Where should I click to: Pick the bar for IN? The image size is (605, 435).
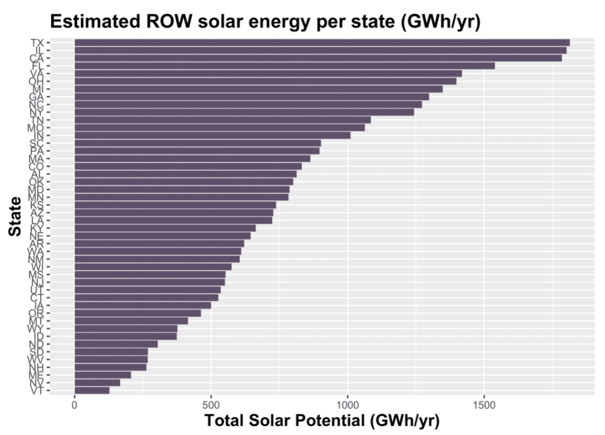pos(212,136)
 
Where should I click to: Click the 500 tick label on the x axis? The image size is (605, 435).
pos(211,405)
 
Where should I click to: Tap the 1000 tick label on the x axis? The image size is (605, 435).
pos(347,405)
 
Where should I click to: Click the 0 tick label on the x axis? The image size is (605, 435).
pos(75,405)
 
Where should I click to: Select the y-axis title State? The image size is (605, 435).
pos(16,217)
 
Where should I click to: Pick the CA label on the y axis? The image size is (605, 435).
pos(37,58)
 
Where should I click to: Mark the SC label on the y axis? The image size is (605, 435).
pos(37,143)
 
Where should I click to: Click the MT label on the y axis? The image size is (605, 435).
pos(37,321)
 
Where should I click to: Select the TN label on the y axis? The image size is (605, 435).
pos(37,120)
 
